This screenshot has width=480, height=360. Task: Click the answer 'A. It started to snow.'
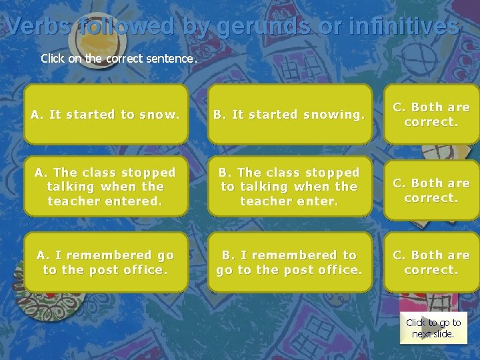click(105, 115)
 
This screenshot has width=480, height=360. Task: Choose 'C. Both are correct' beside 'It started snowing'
click(431, 115)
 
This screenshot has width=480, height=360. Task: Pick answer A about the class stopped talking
click(105, 187)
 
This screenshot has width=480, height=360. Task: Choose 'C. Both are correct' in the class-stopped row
click(431, 190)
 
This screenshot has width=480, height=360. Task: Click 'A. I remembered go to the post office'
click(105, 262)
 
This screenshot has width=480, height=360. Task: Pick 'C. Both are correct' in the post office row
click(431, 262)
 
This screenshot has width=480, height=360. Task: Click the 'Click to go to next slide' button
click(433, 328)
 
